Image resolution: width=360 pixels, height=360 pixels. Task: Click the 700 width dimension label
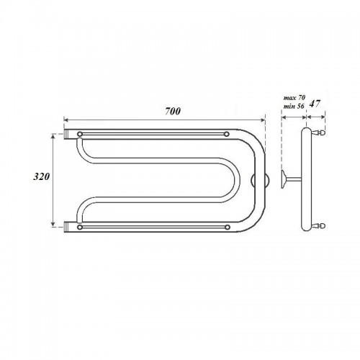(173, 112)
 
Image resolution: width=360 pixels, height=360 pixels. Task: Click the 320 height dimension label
(41, 177)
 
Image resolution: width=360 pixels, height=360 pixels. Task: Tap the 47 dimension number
(315, 104)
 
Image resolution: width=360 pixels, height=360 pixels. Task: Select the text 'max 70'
(294, 98)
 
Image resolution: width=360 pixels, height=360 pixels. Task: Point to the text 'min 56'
(294, 107)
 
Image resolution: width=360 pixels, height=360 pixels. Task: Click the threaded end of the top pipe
(66, 134)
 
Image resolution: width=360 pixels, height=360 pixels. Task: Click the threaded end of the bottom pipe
(66, 227)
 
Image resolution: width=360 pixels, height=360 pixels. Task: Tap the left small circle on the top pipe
(80, 134)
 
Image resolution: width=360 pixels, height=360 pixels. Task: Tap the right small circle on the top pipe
(227, 134)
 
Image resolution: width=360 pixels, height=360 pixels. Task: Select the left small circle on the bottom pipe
(80, 227)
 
